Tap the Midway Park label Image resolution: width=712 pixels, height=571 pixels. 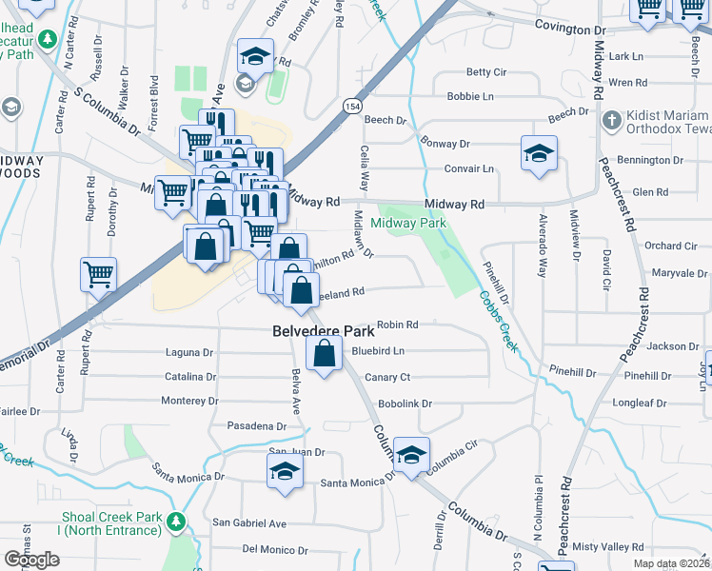pos(408,223)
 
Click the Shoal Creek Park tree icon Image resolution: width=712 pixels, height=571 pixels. pos(175,522)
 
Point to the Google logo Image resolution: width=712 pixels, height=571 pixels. pos(31,560)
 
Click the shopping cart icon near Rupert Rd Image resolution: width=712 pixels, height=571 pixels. pos(99,275)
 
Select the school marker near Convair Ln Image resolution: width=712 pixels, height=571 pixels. pos(539,154)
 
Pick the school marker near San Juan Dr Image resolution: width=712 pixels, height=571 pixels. pos(286,471)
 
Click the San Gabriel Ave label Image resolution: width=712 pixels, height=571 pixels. pos(248,522)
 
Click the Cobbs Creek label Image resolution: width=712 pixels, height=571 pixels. pos(498,321)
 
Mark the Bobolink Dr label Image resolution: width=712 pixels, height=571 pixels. pos(405,404)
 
